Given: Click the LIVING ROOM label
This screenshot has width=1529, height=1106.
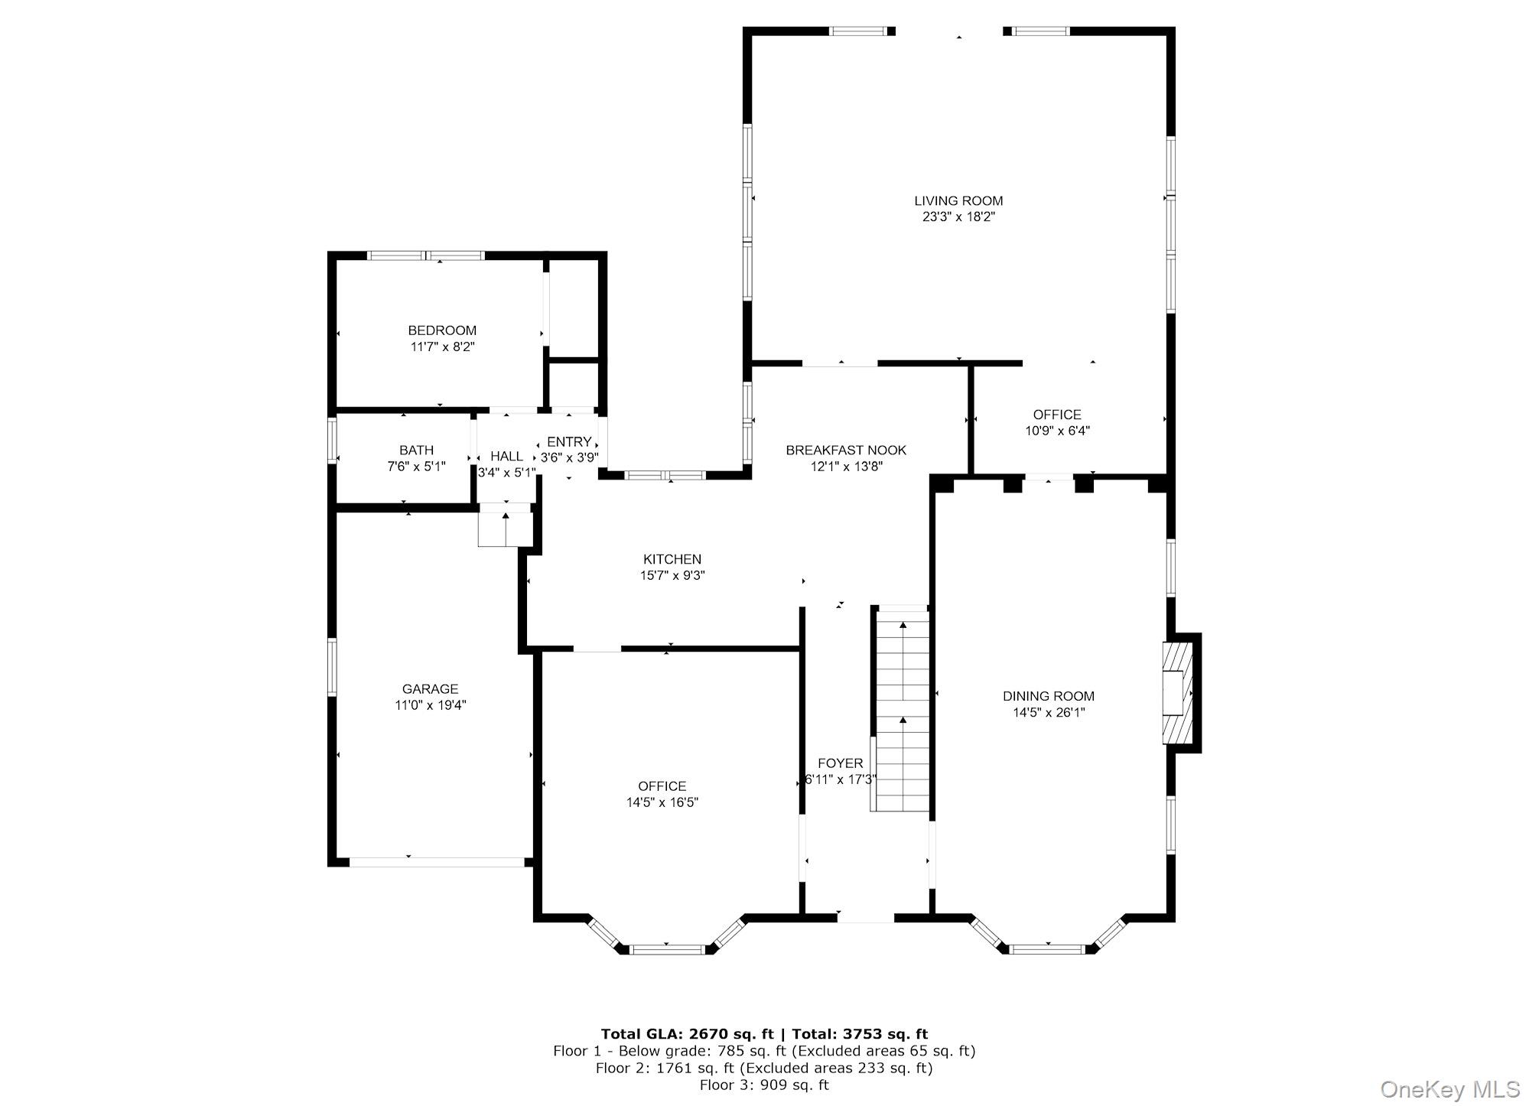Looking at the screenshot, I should click(x=958, y=200).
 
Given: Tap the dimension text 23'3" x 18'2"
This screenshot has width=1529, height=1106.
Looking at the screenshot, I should click(x=958, y=217).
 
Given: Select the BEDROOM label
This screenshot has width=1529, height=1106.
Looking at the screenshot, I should click(x=442, y=330).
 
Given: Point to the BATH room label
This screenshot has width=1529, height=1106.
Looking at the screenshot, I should click(x=416, y=450).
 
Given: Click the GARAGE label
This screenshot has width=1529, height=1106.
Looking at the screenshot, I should click(x=430, y=688).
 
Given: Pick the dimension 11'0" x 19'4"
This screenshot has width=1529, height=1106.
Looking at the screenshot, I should click(x=430, y=705).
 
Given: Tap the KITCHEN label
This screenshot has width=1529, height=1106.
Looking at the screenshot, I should click(x=672, y=559).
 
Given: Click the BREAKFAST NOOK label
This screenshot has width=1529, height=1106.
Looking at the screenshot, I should click(x=846, y=450).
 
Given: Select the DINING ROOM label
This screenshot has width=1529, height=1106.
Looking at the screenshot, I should click(x=1048, y=696).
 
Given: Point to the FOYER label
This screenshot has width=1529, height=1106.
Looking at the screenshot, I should click(x=840, y=763).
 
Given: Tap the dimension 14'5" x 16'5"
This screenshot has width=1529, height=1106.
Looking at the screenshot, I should click(x=662, y=802).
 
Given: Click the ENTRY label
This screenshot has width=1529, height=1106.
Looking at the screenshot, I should click(x=569, y=441).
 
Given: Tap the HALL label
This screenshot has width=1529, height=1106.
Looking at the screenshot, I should click(x=506, y=457).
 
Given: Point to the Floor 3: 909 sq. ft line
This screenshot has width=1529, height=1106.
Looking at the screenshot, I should click(x=763, y=1085).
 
